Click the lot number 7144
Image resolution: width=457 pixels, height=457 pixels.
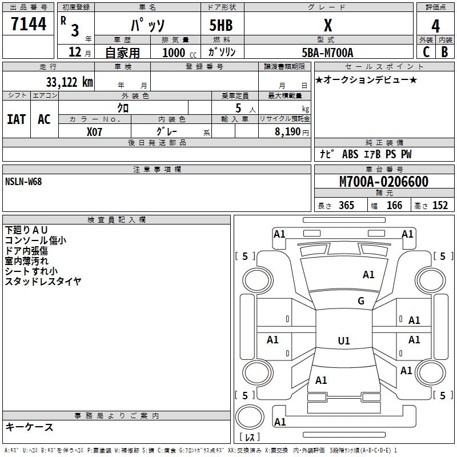coord(29,23)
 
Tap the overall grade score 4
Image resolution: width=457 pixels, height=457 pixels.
coord(435,26)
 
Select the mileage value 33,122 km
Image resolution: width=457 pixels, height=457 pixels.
coord(69,82)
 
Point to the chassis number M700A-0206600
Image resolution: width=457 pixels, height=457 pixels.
coord(384,182)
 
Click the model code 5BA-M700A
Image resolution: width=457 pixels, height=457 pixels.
coord(327,53)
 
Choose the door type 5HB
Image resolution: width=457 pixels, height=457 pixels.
coord(221,25)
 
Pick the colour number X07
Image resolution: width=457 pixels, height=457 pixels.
coord(94,132)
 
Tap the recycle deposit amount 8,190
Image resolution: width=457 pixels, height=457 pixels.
coord(287,132)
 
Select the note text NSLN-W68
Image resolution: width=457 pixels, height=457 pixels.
coord(23,182)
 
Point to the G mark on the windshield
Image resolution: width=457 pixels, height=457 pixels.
coord(361,300)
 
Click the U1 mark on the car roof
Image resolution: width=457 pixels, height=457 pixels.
coord(344,340)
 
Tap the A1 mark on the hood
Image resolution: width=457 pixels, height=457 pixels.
coord(368,275)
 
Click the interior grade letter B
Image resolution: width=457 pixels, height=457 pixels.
coord(444,52)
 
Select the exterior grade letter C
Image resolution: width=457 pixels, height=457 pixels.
coord(426,52)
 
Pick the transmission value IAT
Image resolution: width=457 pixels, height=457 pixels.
coord(17,119)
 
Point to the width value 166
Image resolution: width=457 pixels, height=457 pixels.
coord(394,205)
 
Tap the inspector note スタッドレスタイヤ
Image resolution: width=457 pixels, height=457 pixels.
coord(43,282)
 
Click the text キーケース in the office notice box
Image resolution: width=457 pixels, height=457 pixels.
coord(30,427)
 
